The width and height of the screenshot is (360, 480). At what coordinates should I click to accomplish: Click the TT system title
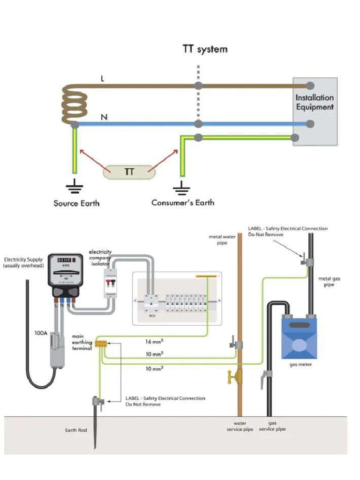click(205, 49)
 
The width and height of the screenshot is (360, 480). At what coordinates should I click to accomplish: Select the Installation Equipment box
click(315, 112)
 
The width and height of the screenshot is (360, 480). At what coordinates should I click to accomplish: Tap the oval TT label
click(129, 172)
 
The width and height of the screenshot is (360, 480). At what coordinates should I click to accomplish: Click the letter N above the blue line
click(104, 117)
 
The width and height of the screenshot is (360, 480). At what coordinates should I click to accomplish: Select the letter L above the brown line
click(103, 79)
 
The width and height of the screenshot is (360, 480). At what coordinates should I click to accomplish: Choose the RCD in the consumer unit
click(151, 304)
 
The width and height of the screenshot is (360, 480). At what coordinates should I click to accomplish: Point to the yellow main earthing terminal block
click(101, 344)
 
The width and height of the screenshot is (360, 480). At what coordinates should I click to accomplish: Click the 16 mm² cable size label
click(155, 342)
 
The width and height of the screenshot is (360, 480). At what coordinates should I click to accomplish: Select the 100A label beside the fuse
click(41, 333)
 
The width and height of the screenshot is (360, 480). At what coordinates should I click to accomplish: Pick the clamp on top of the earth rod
click(98, 401)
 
